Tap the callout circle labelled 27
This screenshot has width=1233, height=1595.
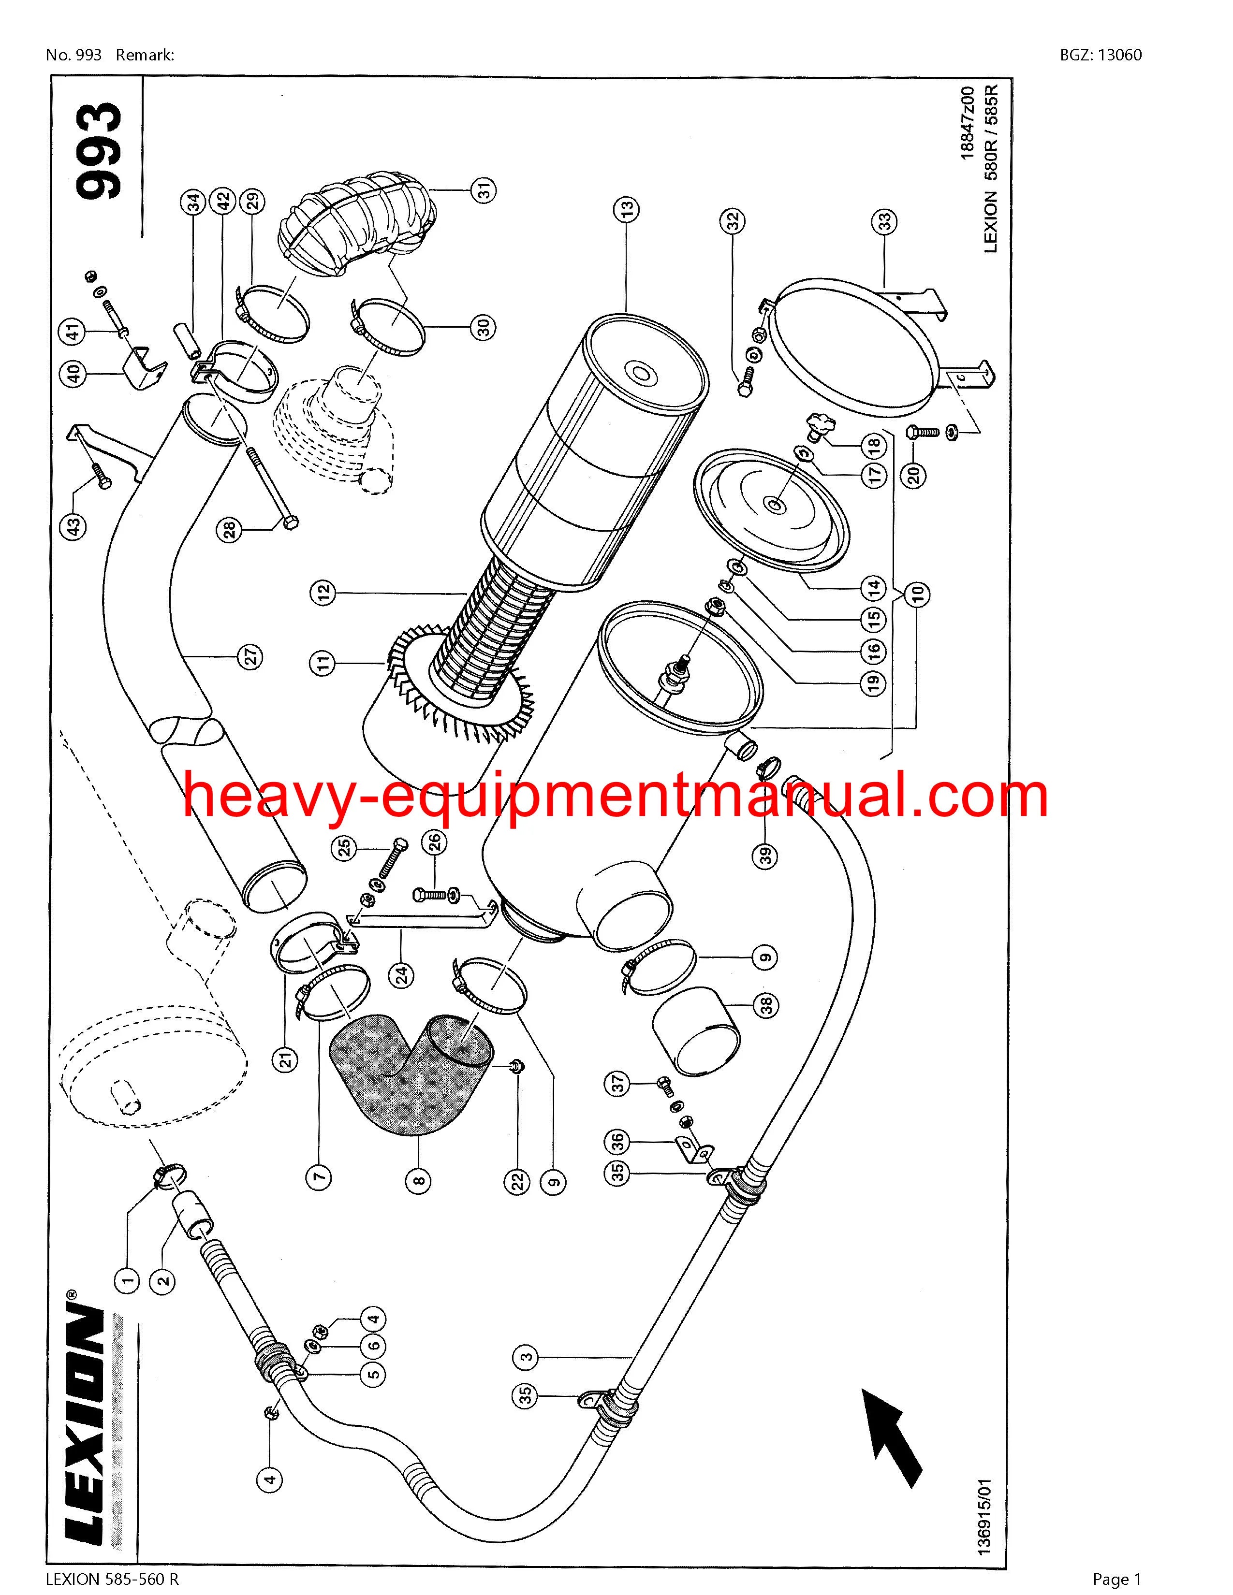[252, 656]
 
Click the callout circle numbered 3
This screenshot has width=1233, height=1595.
[526, 1358]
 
